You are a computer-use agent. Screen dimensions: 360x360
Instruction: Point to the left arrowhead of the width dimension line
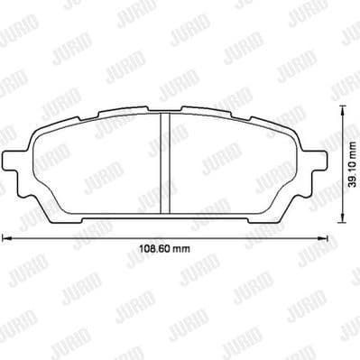pos(7,239)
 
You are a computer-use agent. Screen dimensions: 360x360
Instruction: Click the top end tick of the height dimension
pos(342,107)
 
